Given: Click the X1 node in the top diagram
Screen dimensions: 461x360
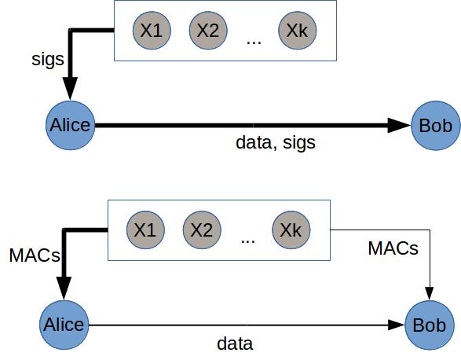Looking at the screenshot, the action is pyautogui.click(x=152, y=31).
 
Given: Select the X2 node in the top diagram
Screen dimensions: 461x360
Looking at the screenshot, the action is pyautogui.click(x=208, y=31).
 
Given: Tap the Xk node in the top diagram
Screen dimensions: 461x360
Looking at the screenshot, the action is pyautogui.click(x=298, y=31).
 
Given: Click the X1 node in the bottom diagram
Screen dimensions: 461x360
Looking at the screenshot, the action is pyautogui.click(x=145, y=230).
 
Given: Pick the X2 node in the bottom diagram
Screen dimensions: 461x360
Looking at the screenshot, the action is pyautogui.click(x=202, y=230).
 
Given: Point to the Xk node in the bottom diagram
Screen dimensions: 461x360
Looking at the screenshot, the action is pyautogui.click(x=291, y=230).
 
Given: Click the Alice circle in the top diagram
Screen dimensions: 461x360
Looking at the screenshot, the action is pyautogui.click(x=71, y=126).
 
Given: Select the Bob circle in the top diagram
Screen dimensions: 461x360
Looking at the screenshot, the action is pyautogui.click(x=436, y=126).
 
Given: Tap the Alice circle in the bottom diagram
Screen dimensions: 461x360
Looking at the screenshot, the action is pyautogui.click(x=64, y=325).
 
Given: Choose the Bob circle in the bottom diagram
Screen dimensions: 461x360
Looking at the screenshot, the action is pyautogui.click(x=430, y=325).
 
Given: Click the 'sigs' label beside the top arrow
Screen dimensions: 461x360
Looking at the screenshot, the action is pyautogui.click(x=48, y=60).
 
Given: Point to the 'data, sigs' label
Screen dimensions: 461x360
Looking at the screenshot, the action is pyautogui.click(x=276, y=143).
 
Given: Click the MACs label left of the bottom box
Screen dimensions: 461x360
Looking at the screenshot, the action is pyautogui.click(x=35, y=255).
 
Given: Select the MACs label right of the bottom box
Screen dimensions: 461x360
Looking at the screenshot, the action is pyautogui.click(x=393, y=248).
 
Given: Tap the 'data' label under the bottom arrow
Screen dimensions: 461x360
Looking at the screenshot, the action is pyautogui.click(x=235, y=343).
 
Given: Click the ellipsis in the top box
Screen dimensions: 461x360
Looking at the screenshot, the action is pyautogui.click(x=254, y=42).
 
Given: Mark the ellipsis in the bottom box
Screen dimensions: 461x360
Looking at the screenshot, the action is pyautogui.click(x=248, y=242).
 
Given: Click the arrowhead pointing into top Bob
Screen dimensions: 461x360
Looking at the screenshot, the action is pyautogui.click(x=399, y=126).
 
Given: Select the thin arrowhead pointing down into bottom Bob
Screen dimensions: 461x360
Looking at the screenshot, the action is pyautogui.click(x=430, y=293).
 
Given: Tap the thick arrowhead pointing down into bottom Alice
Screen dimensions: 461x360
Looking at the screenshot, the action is pyautogui.click(x=64, y=288).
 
